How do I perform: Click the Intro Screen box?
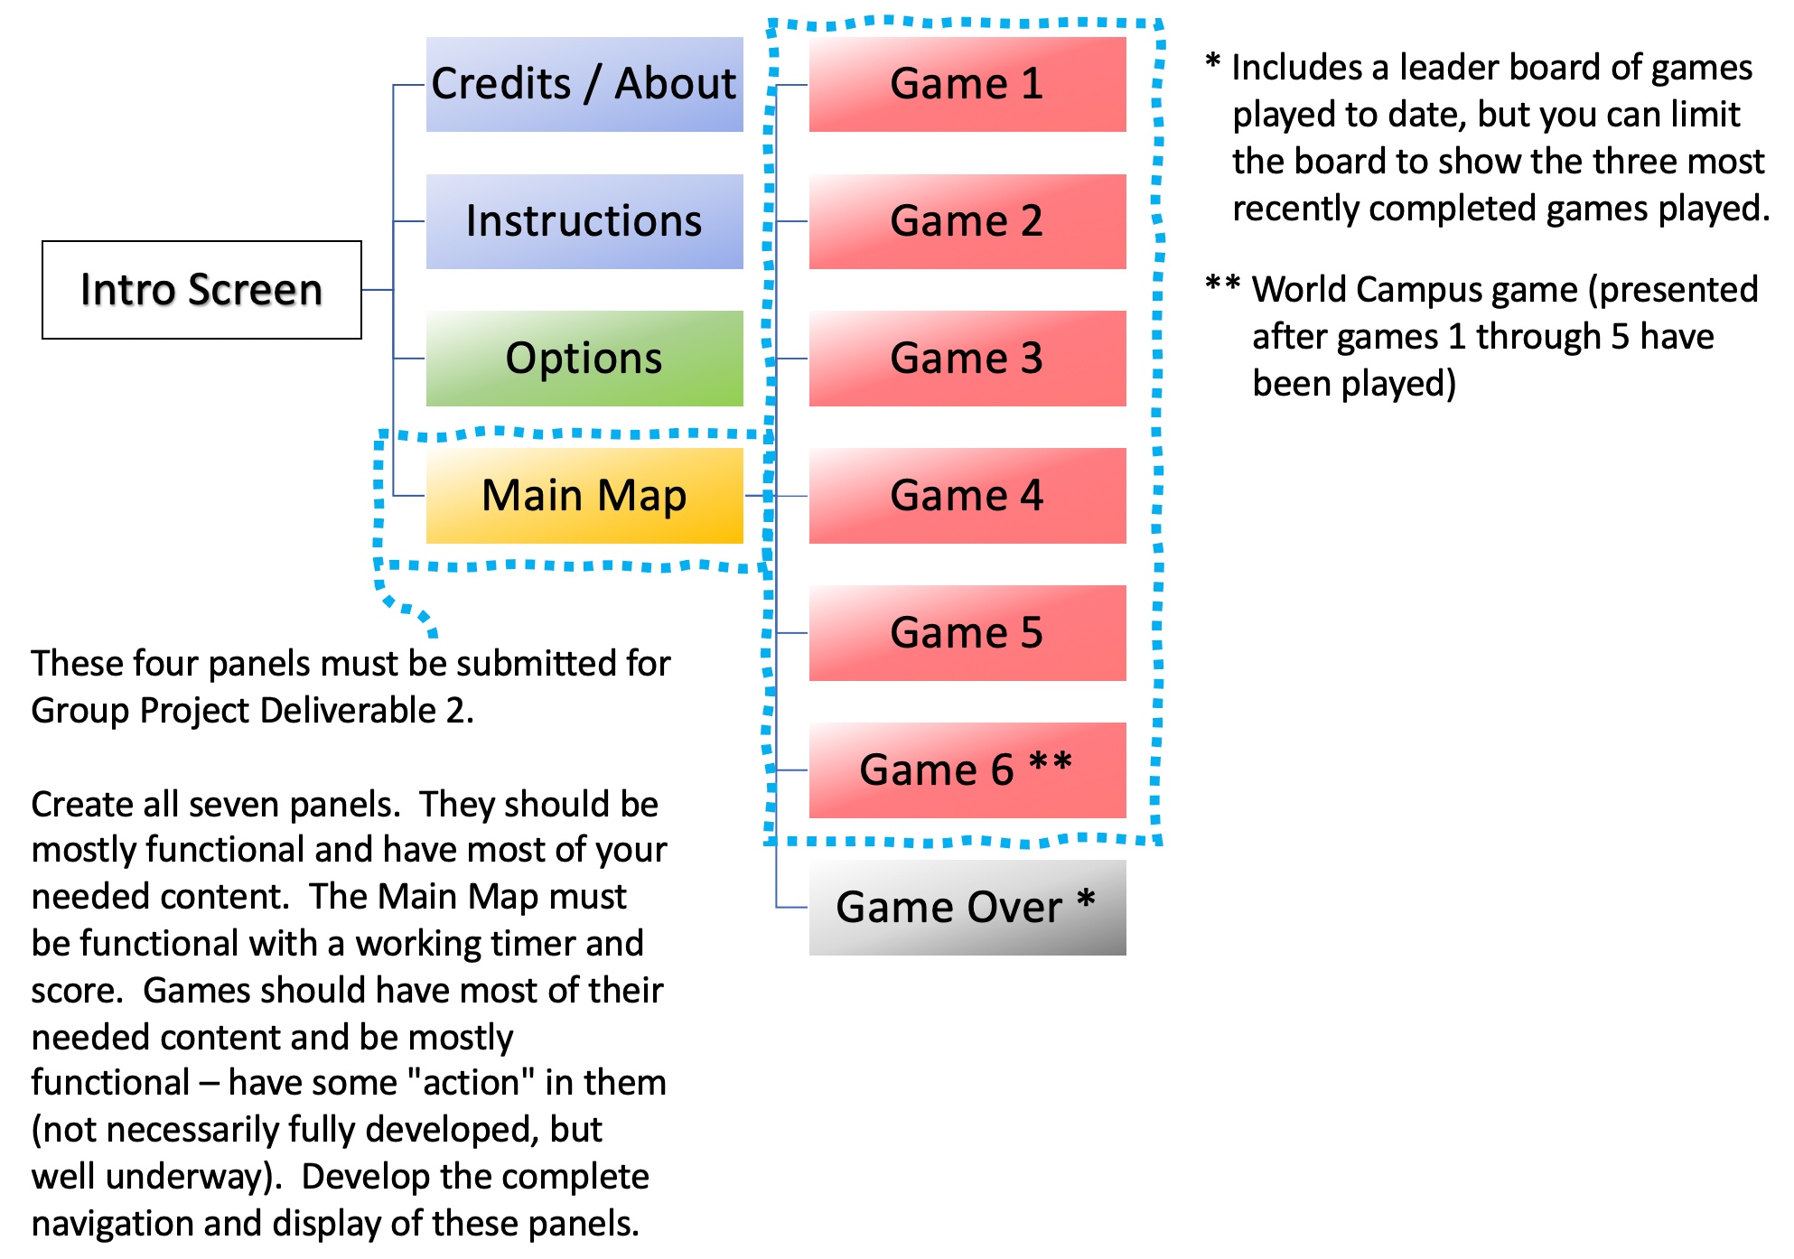(x=201, y=290)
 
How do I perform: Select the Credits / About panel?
(x=584, y=84)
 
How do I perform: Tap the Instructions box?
(x=584, y=221)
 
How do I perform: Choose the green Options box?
(x=584, y=359)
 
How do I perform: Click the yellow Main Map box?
(x=584, y=496)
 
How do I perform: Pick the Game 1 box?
(x=967, y=84)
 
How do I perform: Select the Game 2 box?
(x=967, y=221)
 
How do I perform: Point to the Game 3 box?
(x=967, y=359)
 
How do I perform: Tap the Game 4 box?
(x=967, y=496)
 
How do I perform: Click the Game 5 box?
(x=967, y=633)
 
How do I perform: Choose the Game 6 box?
(x=967, y=770)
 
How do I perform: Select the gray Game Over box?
(x=967, y=908)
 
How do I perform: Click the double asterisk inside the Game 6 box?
(x=1051, y=763)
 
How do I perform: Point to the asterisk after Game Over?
(x=1086, y=900)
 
